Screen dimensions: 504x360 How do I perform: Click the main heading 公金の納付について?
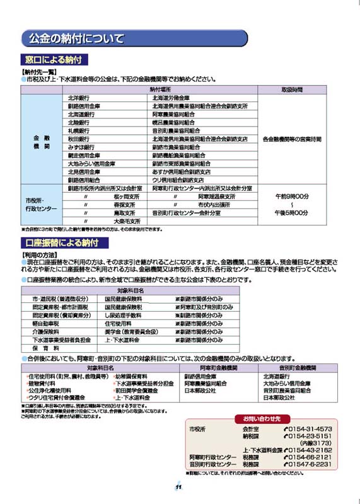pyautogui.click(x=76, y=39)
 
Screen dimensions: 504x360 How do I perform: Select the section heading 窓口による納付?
pyautogui.click(x=54, y=61)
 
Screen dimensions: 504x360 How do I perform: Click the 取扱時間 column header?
pyautogui.click(x=291, y=90)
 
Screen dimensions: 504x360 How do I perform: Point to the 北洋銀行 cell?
pyautogui.click(x=79, y=98)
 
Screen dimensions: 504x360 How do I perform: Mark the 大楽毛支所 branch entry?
pyautogui.click(x=126, y=222)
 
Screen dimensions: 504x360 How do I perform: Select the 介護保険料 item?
pyautogui.click(x=45, y=331)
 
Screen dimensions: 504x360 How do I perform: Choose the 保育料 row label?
pyautogui.click(x=45, y=348)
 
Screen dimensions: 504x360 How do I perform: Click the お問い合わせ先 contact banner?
pyautogui.click(x=262, y=418)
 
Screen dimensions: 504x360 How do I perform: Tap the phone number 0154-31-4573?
pyautogui.click(x=309, y=429)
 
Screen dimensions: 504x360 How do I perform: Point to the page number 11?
pyautogui.click(x=179, y=486)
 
